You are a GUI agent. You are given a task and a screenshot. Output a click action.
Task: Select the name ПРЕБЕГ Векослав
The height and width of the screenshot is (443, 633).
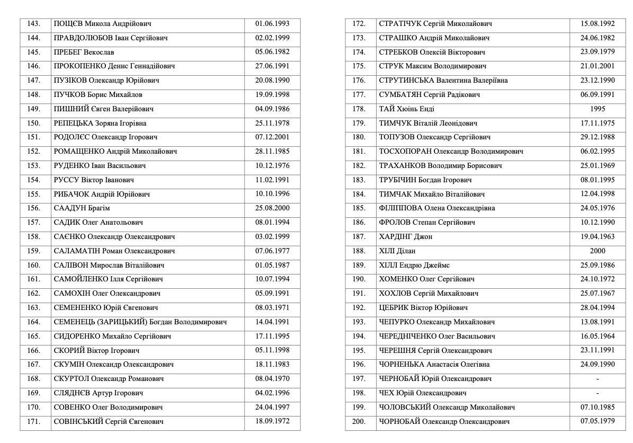84,52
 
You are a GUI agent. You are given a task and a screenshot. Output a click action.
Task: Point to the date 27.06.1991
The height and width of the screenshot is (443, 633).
272,66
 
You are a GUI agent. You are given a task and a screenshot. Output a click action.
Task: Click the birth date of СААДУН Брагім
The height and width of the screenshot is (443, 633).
272,208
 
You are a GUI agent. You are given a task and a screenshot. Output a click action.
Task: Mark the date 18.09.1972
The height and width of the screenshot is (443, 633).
272,421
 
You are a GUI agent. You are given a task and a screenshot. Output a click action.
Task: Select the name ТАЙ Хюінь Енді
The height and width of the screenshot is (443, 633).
406,109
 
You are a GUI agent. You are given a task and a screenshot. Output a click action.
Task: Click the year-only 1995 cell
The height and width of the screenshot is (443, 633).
597,109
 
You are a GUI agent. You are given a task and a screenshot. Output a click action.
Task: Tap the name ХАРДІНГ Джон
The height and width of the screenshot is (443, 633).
405,237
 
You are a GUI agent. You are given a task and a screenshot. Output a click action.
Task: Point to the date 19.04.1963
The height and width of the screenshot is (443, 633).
598,237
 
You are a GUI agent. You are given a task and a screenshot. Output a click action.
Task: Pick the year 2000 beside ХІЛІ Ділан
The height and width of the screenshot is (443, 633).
597,251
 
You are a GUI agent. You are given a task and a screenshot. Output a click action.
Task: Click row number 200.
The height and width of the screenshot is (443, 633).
359,422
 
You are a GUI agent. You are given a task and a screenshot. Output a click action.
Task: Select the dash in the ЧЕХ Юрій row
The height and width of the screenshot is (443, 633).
597,393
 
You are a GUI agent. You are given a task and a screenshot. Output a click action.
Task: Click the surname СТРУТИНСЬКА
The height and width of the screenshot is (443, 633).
406,81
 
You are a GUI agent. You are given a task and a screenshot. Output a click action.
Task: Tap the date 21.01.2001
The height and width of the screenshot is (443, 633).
598,66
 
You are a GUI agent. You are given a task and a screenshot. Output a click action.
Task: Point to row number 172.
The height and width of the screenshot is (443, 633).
359,24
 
